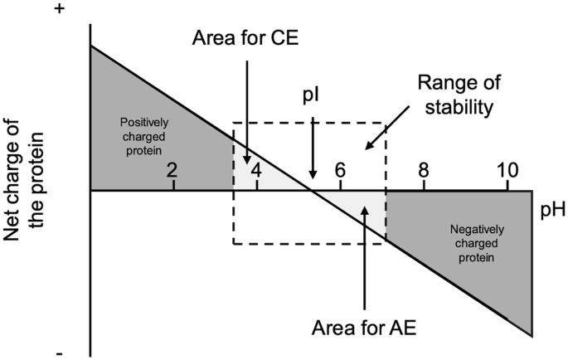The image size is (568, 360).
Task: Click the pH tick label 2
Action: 172,170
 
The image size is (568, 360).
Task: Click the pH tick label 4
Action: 256,170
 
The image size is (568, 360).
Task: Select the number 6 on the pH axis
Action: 340,170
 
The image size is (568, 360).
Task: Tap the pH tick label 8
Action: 424,170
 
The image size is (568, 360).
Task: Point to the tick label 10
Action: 507,170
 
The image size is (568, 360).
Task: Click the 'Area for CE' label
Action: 245,37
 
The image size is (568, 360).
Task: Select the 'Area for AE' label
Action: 364,328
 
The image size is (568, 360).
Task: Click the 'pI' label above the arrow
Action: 311,97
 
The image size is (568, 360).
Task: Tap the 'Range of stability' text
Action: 459,95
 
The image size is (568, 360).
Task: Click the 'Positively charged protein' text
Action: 143,136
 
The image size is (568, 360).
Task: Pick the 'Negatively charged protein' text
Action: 477,243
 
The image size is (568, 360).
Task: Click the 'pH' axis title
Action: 553,210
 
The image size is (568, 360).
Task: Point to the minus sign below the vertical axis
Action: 60,353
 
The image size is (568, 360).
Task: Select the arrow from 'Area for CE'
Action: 247,112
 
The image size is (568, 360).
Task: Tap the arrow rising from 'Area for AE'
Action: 365,257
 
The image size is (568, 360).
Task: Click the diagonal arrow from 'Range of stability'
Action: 387,128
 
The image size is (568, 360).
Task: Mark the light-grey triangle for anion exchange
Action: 358,207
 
